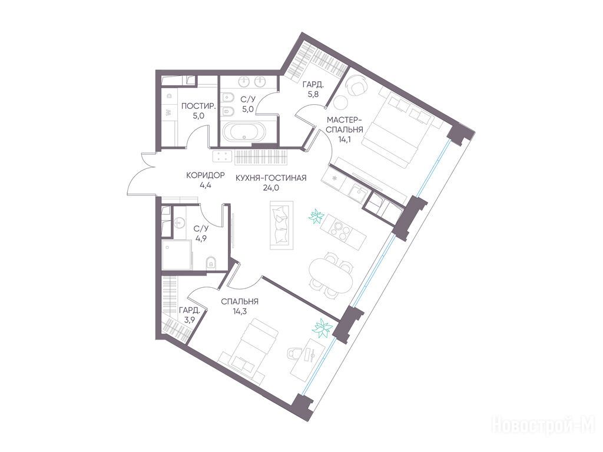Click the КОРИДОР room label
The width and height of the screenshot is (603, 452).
205,175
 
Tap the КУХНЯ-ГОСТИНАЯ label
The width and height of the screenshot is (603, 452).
271,178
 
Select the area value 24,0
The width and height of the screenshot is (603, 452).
271,189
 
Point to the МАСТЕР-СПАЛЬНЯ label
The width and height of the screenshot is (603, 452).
344,124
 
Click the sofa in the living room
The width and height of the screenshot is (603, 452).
281,225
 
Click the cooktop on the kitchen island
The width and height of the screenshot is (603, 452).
342,228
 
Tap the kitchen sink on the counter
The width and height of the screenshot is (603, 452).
358,192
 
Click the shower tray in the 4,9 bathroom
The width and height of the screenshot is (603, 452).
177,255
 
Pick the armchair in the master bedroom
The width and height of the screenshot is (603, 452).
356,85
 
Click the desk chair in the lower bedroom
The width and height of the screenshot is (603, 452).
296,353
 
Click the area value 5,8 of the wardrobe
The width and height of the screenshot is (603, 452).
310,94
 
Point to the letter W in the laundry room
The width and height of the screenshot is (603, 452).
168,112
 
